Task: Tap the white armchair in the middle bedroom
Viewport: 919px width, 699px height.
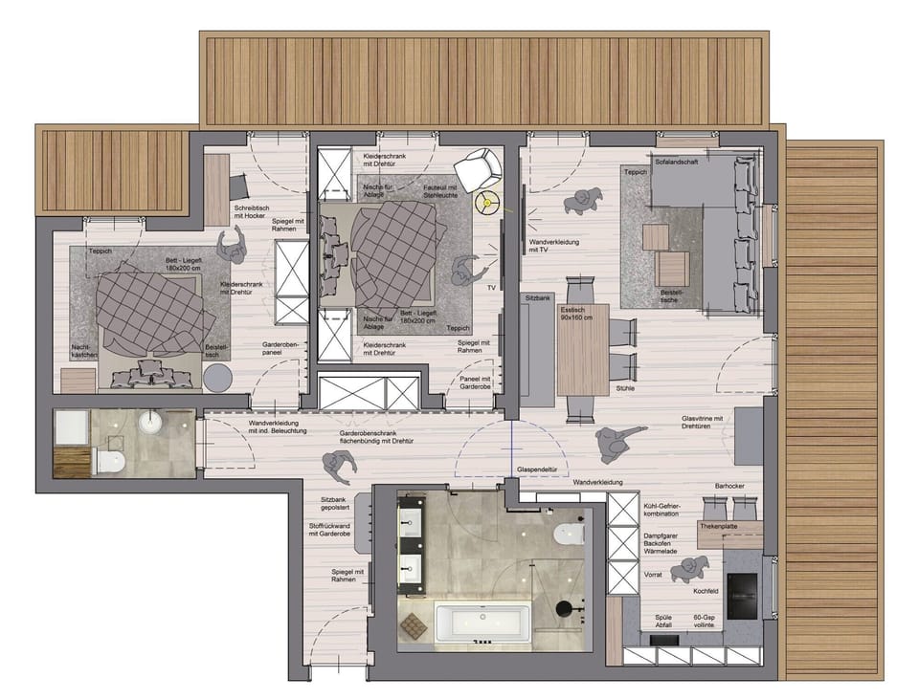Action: click(x=478, y=169)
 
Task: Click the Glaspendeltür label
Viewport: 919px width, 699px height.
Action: click(x=537, y=470)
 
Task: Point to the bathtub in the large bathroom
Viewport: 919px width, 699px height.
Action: click(x=482, y=623)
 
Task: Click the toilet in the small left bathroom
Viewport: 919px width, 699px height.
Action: click(x=110, y=463)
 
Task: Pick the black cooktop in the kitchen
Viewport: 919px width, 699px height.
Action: click(x=742, y=595)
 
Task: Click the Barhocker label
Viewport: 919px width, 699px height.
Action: click(x=728, y=487)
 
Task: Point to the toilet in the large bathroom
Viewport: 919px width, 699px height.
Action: click(x=570, y=534)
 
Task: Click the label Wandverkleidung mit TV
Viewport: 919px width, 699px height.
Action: click(x=552, y=249)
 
